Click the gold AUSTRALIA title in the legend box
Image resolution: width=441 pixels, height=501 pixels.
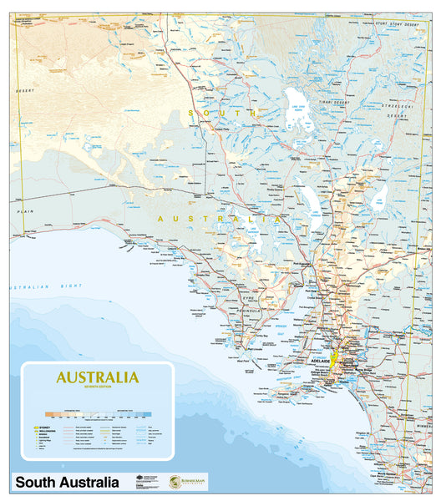(97, 377)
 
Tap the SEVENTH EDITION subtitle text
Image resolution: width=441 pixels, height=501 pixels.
(97, 387)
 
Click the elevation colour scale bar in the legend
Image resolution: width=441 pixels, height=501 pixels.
(98, 412)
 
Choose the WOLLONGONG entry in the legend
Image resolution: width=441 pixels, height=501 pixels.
(45, 431)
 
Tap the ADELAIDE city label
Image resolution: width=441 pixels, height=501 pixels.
(321, 362)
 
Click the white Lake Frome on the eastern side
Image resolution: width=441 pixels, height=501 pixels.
(380, 197)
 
